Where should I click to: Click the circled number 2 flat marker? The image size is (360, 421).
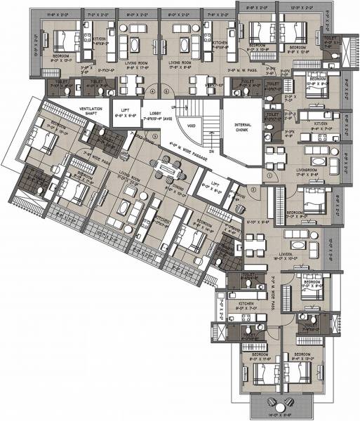(254, 189)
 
